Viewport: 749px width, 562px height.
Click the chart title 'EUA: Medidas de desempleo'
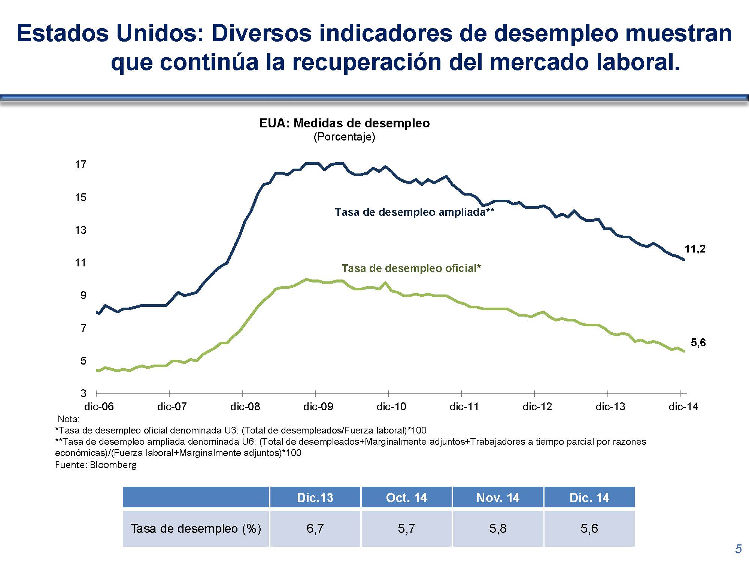(344, 123)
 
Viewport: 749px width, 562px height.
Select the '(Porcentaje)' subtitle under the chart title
(344, 137)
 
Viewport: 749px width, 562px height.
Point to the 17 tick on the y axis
(81, 164)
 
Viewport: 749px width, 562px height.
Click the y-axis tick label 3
(83, 393)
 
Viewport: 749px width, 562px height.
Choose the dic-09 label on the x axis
(318, 407)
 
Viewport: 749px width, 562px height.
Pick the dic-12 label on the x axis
(537, 407)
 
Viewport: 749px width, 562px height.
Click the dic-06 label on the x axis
(99, 407)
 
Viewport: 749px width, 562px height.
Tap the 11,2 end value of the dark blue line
(695, 249)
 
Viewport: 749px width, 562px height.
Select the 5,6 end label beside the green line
(698, 342)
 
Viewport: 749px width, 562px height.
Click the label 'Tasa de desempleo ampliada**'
(414, 212)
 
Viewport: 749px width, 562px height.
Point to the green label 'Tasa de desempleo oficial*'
(411, 268)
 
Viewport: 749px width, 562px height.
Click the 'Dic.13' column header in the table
(315, 498)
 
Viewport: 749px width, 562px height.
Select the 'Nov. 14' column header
(498, 498)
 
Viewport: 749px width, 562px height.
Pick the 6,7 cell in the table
(315, 529)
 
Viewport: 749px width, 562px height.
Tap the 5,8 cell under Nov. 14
(498, 529)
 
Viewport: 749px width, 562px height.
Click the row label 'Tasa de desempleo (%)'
(195, 529)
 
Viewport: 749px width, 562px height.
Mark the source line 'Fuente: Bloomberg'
(96, 465)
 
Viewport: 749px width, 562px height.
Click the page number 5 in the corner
(738, 549)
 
